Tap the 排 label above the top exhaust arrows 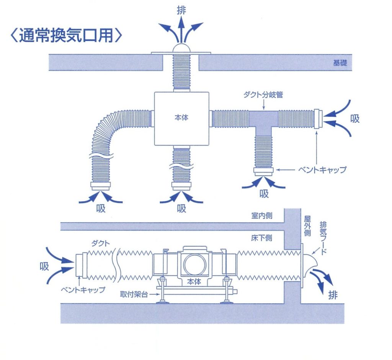tap(181, 10)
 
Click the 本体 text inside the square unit tap(181, 118)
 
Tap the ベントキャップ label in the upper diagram tap(322, 169)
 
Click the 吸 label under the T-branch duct tap(264, 194)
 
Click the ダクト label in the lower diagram tap(101, 243)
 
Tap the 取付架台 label tap(137, 294)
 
